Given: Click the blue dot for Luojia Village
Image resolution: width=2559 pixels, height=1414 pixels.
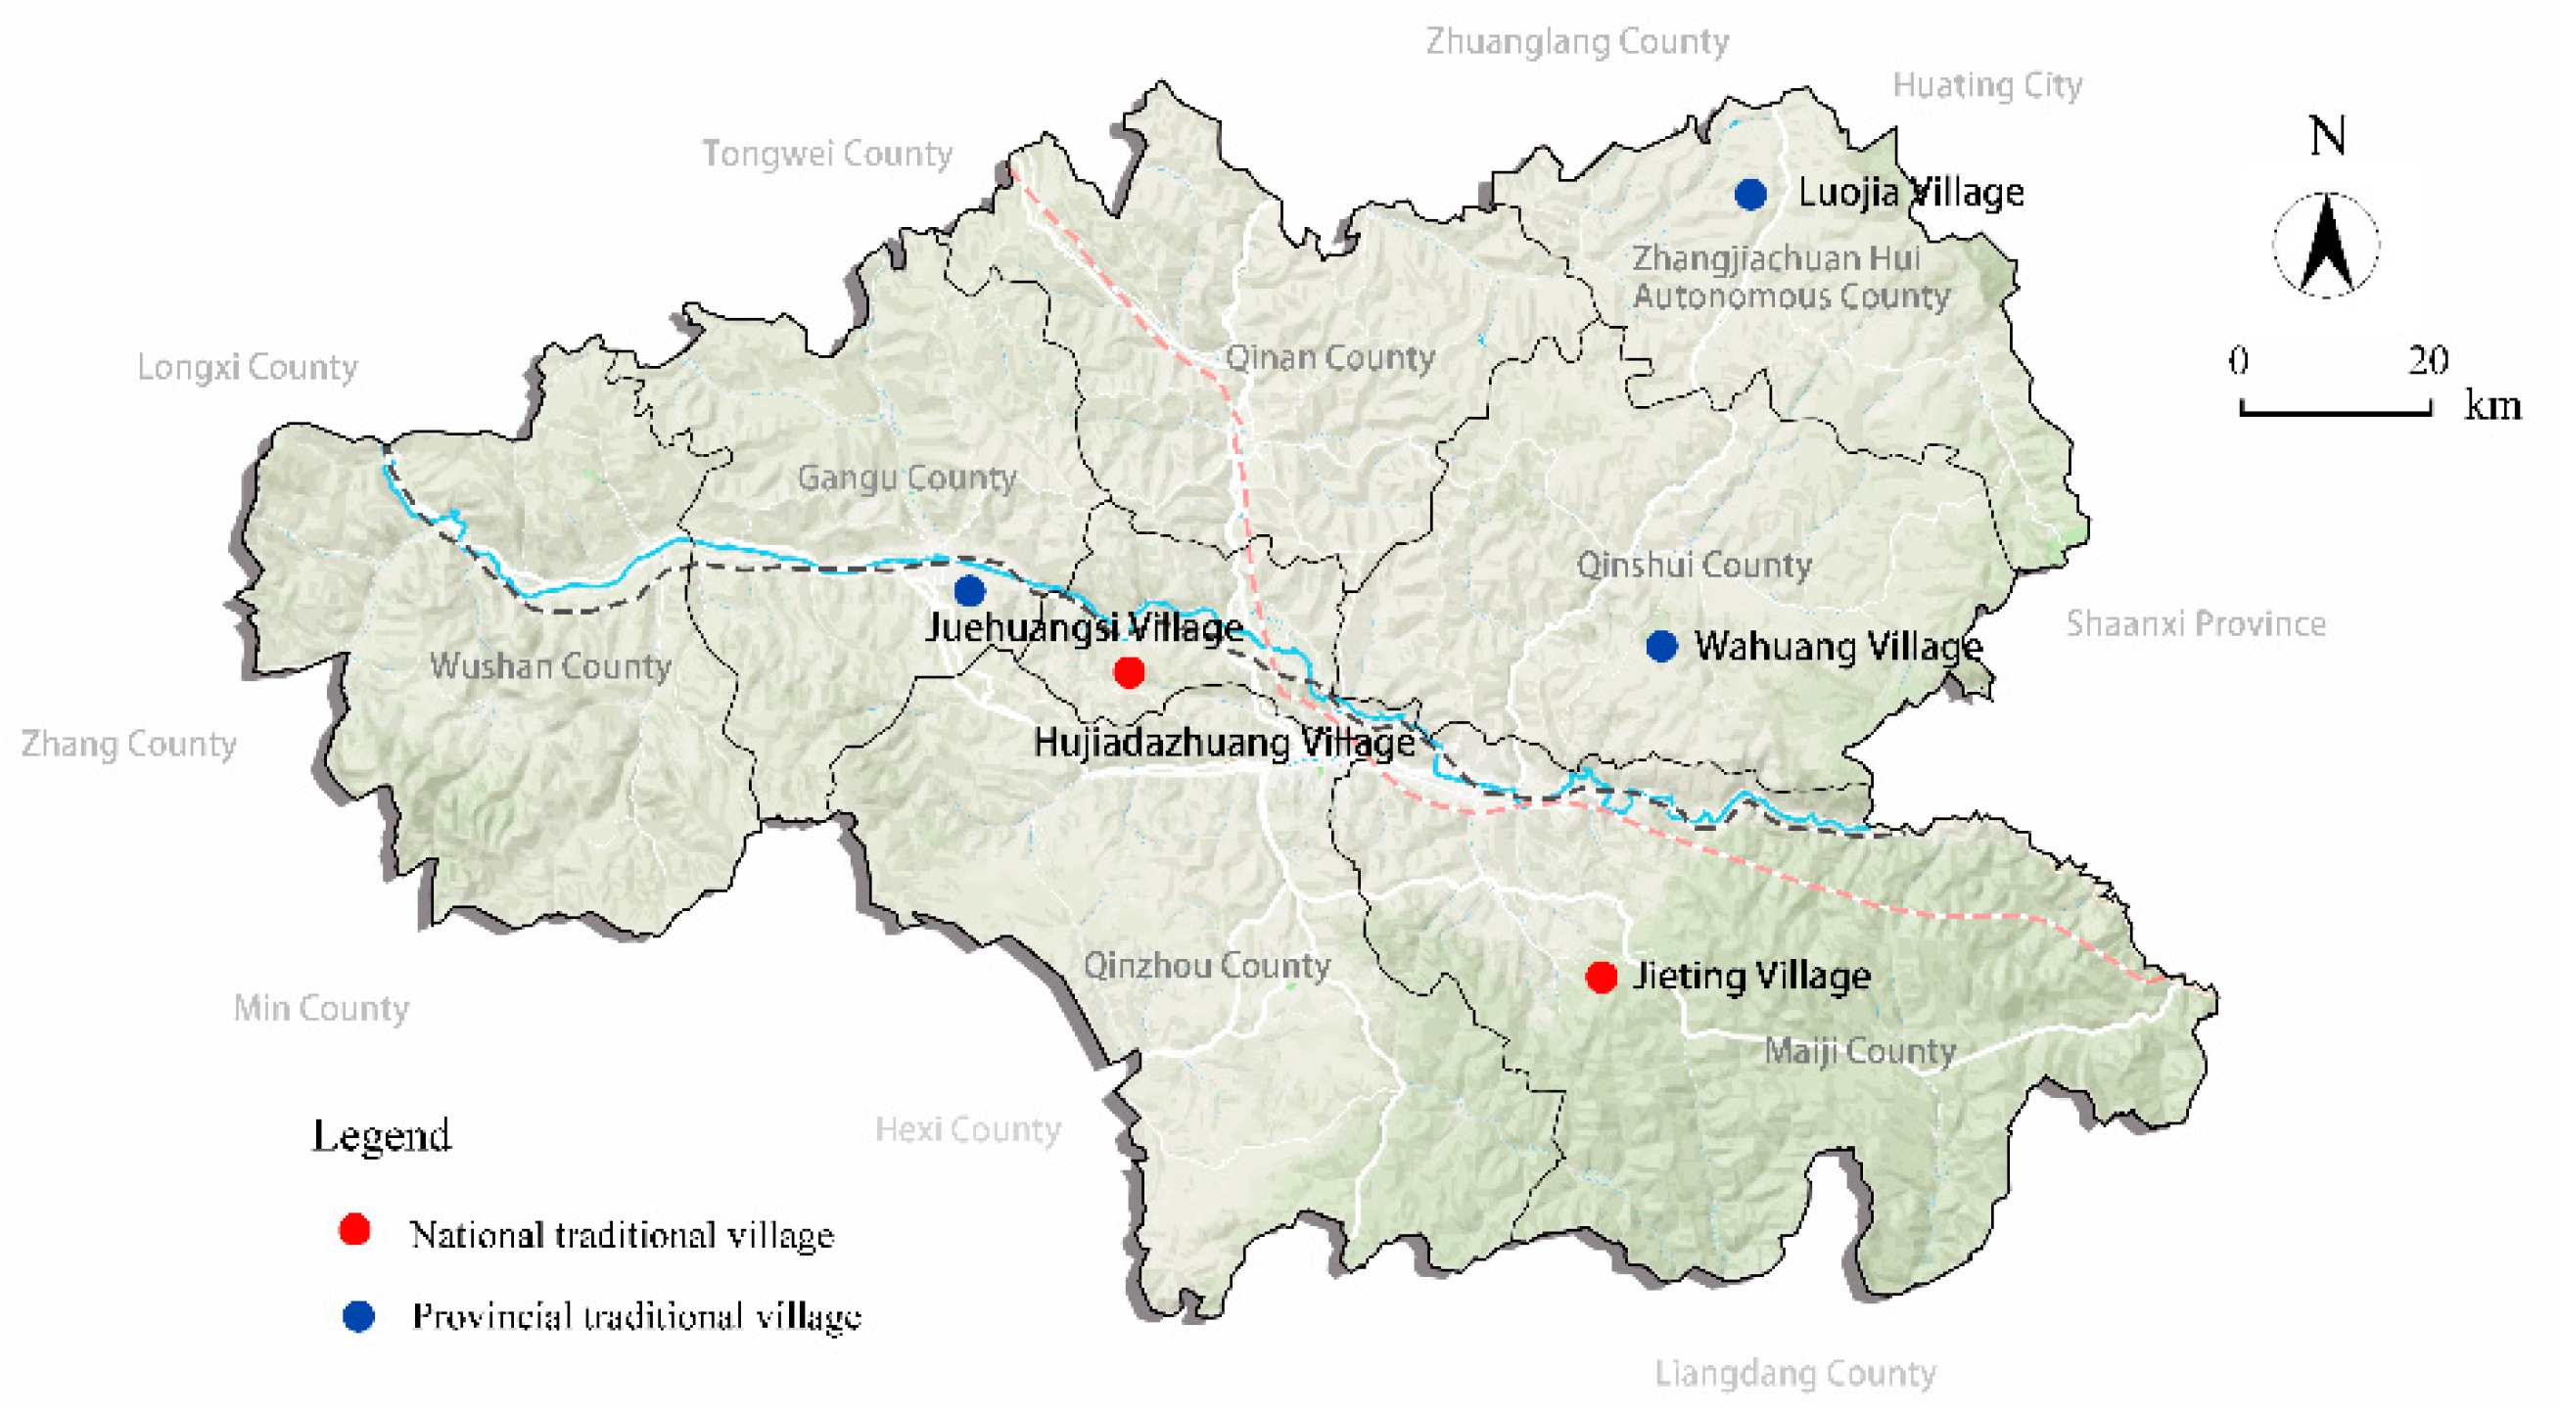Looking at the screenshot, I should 1750,194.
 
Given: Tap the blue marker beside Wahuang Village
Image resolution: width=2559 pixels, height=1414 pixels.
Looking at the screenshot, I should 1662,647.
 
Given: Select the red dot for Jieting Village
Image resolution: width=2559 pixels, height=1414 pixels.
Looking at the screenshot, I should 1601,978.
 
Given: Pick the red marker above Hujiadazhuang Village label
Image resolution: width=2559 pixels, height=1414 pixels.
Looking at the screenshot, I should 1129,673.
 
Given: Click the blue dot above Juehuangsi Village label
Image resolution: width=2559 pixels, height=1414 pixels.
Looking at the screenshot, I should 969,591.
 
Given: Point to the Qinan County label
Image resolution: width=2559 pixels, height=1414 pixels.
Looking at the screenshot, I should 1329,357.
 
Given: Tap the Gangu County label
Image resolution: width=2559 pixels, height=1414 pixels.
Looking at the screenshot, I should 906,478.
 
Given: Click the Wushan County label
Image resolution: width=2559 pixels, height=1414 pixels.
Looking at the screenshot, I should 550,665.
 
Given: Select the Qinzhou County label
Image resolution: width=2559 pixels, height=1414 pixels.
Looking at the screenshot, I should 1206,965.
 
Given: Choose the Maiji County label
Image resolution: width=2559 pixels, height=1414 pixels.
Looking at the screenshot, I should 1860,1051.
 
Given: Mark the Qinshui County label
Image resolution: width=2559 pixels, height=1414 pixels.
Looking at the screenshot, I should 1694,565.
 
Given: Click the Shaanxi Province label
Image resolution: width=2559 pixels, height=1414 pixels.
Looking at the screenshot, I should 2196,623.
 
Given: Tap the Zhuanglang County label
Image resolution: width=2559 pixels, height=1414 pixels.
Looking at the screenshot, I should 1577,42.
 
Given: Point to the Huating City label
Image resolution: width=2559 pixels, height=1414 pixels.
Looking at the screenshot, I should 1987,85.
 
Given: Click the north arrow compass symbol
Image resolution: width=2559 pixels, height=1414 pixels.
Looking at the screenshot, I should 2326,246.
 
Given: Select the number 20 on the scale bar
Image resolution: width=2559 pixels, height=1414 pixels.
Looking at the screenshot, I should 2427,359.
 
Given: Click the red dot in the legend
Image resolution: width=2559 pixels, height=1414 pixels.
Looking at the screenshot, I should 354,1229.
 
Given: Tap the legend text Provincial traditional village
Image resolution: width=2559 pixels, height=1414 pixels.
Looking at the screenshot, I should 635,1317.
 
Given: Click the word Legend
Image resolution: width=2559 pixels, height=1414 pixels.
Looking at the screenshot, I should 382,1135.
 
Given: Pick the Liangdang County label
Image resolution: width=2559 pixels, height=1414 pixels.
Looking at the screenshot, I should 1794,1373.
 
